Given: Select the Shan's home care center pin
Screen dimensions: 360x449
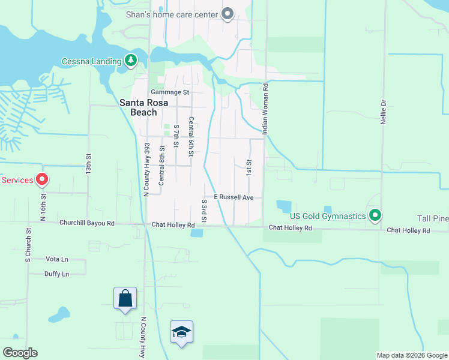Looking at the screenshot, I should click(x=228, y=13).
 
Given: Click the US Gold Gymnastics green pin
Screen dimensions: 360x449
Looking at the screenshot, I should click(x=375, y=215).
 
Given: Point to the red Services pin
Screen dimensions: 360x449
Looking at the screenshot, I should click(x=42, y=179).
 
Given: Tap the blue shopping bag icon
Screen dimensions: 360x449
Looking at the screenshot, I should click(x=125, y=298).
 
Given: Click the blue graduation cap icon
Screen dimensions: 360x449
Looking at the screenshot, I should click(x=181, y=332).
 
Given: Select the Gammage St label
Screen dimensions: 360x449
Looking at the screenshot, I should click(x=170, y=92).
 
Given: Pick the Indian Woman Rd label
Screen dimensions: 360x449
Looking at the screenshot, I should click(x=265, y=108).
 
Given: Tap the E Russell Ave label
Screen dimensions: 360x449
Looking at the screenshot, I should click(x=234, y=197).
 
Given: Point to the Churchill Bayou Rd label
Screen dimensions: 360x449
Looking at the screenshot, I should click(x=86, y=223).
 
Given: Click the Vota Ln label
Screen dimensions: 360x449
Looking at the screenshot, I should click(x=57, y=259).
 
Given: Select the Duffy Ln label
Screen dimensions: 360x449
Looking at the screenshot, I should click(x=57, y=274).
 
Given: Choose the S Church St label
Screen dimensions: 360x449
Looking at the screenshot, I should click(x=28, y=245).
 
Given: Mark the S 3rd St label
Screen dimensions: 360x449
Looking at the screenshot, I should click(x=204, y=211).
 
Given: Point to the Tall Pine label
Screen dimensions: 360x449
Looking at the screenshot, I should click(x=433, y=218).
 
